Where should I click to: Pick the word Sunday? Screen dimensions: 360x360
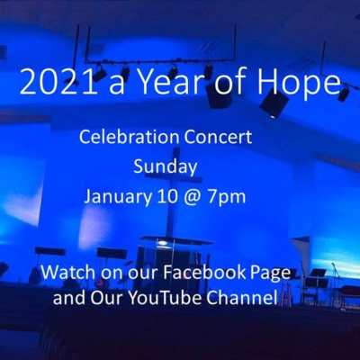pyautogui.click(x=165, y=167)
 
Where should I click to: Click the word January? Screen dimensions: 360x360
pyautogui.click(x=118, y=198)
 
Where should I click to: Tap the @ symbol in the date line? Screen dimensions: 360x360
pyautogui.click(x=192, y=199)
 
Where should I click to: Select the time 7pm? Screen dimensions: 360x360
pyautogui.click(x=227, y=199)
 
